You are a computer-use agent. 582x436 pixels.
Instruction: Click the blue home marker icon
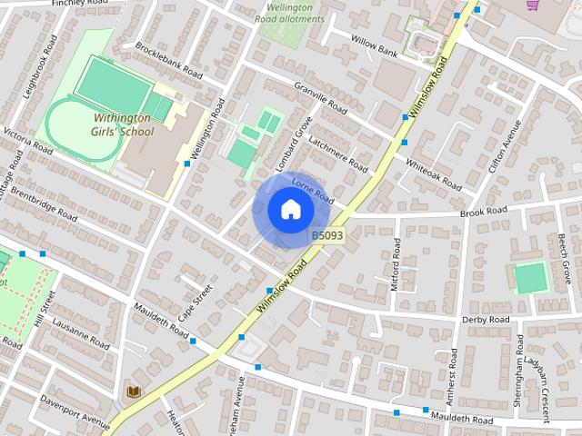(x=290, y=210)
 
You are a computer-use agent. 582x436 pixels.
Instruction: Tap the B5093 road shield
(x=327, y=235)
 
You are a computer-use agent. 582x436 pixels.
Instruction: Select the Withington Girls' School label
(x=124, y=124)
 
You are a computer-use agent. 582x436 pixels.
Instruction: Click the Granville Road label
(x=320, y=98)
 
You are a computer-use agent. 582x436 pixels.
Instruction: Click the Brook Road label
(x=483, y=211)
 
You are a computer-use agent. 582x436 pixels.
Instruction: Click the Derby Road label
(x=486, y=320)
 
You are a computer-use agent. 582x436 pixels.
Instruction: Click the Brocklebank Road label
(x=168, y=59)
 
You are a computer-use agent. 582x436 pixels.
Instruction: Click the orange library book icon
(x=134, y=391)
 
